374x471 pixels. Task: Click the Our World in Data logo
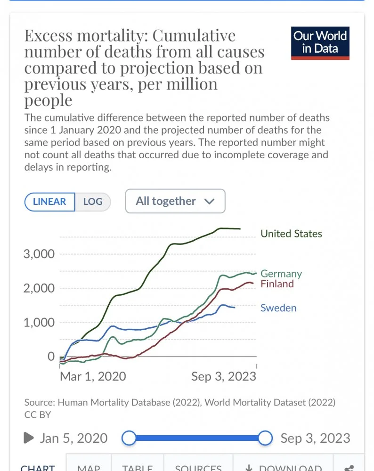[x=320, y=43]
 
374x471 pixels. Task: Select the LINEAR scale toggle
[x=49, y=202]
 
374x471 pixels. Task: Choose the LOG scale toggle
[x=93, y=202]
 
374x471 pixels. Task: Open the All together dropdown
[x=175, y=201]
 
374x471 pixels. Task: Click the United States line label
[x=291, y=234]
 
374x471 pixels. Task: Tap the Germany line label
[x=281, y=274]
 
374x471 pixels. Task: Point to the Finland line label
[x=277, y=284]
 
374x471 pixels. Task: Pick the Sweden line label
[x=278, y=308]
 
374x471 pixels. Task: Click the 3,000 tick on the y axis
[x=39, y=254]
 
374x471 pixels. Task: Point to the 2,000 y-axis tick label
[x=39, y=288]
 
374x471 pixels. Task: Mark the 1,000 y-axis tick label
[x=39, y=323]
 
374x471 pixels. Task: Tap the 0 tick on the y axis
[x=51, y=357]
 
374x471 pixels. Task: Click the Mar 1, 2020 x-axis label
[x=93, y=376]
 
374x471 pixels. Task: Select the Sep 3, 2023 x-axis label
[x=224, y=376]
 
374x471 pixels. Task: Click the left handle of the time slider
[x=129, y=438]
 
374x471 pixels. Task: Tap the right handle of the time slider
[x=266, y=438]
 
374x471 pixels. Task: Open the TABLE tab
[x=137, y=467]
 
